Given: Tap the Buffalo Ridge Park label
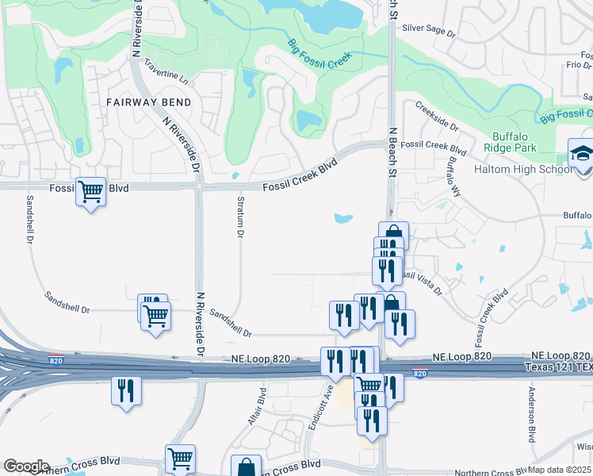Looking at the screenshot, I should click(514, 142).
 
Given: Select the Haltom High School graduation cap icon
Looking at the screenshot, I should click(581, 153).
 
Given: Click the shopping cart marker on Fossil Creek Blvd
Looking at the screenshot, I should click(91, 191).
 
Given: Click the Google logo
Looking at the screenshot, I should click(26, 466).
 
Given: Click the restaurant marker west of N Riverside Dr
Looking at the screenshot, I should click(126, 391).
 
